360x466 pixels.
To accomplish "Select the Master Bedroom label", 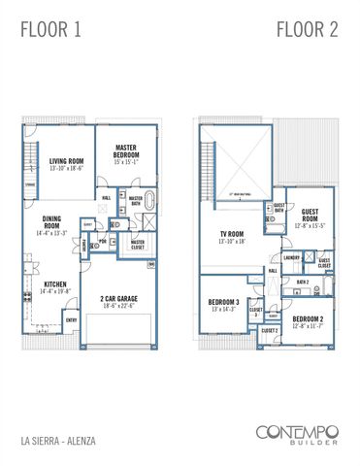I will tap(128, 156).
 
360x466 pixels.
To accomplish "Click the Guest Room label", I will tap(311, 216).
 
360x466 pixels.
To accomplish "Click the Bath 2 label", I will tap(302, 283).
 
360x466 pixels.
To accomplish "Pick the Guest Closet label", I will tap(324, 262).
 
